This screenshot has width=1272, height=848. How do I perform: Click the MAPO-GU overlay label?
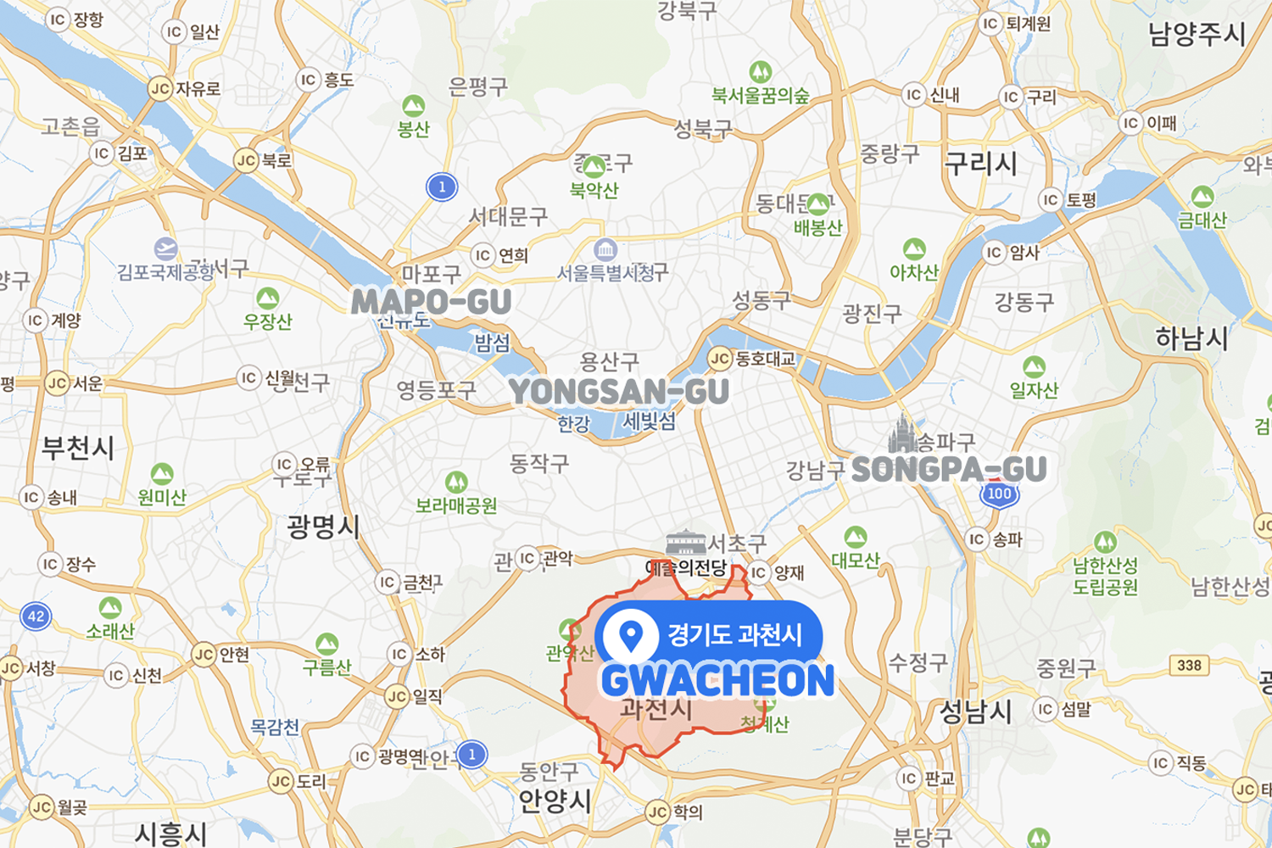point(431,301)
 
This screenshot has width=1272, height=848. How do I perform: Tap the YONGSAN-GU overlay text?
point(618,392)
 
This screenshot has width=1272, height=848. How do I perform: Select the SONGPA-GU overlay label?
point(948,469)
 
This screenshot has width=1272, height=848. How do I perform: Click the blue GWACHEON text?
point(717,681)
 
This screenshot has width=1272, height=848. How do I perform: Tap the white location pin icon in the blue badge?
point(630,635)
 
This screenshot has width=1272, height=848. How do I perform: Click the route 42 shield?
point(36,616)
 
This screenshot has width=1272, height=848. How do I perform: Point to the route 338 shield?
point(1189,665)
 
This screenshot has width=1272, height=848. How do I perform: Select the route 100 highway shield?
point(999,494)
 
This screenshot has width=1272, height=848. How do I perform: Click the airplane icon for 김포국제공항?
point(166,249)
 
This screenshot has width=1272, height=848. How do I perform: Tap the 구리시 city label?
point(980,164)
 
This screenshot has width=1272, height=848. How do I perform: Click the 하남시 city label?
point(1191,338)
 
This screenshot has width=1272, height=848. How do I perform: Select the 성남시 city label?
point(975,711)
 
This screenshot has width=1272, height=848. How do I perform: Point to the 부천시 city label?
point(78,448)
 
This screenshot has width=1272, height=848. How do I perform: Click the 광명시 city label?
point(323,527)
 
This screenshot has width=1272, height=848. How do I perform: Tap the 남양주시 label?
point(1197,35)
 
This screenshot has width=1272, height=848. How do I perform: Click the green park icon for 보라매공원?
point(456,483)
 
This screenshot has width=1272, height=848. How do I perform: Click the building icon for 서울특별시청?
point(605,249)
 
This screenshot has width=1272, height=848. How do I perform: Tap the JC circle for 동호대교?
point(720,359)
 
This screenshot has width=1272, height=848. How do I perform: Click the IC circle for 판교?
point(909,778)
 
